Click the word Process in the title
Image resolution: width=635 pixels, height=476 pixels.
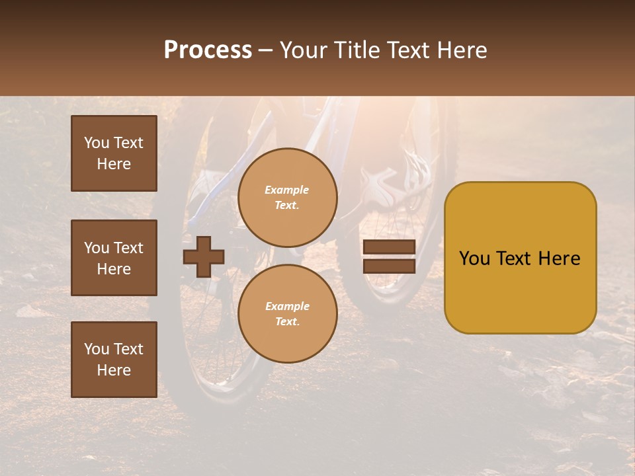(208, 50)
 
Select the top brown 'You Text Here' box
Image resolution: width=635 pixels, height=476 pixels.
(114, 153)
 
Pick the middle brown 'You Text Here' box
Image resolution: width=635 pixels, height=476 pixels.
(114, 258)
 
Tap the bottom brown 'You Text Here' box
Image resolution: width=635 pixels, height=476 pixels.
(114, 360)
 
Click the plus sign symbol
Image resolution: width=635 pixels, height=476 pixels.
(204, 257)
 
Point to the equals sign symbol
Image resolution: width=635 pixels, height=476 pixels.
(389, 257)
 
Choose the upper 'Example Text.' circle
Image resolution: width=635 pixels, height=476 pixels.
(288, 198)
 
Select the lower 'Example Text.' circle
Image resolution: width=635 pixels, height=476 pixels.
(288, 314)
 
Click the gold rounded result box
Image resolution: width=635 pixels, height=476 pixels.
(520, 258)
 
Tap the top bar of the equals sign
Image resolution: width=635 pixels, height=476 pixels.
(389, 247)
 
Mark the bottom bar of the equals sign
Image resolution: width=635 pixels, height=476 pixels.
(389, 266)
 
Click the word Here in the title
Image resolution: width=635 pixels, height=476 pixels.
(462, 50)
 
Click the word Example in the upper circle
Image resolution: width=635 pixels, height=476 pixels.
(286, 190)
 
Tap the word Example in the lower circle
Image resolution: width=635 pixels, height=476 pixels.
(287, 306)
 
